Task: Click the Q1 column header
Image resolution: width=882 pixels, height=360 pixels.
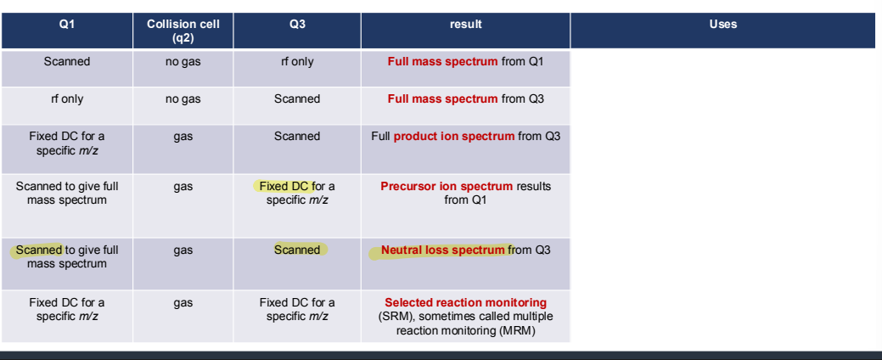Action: click(66, 25)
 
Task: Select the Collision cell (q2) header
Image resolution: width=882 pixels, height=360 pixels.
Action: click(183, 31)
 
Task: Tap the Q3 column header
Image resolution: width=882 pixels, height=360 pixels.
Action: click(296, 25)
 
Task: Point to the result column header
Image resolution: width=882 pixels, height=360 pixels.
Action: click(465, 25)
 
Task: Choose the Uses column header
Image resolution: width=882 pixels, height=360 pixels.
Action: click(722, 25)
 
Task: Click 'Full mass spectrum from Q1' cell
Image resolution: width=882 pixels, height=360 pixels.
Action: click(465, 62)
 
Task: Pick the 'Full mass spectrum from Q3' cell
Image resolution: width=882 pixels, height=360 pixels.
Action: click(465, 99)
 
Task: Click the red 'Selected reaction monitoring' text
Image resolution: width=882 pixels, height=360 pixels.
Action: click(465, 302)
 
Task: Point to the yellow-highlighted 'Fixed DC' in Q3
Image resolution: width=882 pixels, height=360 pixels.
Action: click(285, 186)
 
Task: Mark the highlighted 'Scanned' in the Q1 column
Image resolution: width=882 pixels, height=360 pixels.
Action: click(39, 250)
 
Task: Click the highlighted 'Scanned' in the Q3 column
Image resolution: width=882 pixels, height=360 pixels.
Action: click(297, 250)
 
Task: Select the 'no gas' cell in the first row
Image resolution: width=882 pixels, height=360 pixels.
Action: click(183, 62)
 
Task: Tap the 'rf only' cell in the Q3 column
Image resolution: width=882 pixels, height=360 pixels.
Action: click(297, 62)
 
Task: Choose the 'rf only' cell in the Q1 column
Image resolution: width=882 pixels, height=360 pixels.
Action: click(66, 99)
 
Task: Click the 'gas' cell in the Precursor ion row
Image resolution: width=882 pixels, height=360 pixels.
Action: click(183, 187)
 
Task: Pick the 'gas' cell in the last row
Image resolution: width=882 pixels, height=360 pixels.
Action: click(183, 303)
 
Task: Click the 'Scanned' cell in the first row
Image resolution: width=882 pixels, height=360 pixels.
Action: click(66, 62)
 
